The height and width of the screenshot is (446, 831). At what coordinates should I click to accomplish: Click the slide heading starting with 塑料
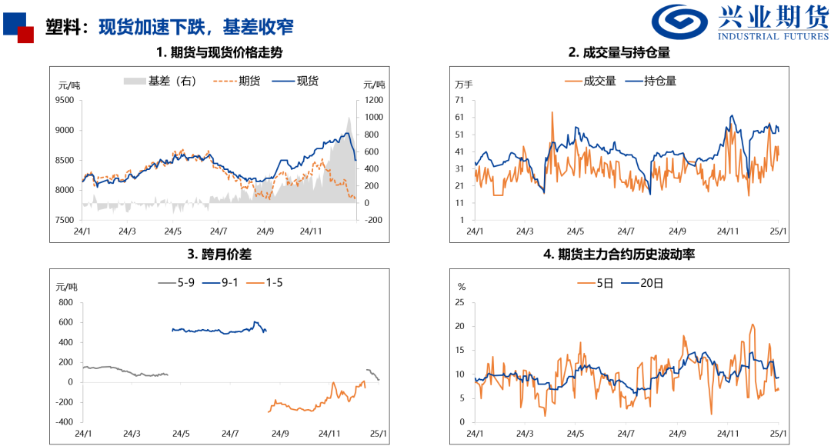point(169,27)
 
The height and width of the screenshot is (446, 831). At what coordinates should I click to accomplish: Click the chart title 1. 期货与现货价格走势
point(219,53)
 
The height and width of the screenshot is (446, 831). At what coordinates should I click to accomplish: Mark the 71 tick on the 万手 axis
point(459,100)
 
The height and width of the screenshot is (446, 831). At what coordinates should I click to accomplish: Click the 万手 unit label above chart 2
point(464,84)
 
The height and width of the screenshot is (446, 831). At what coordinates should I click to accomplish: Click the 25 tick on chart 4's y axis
point(460,302)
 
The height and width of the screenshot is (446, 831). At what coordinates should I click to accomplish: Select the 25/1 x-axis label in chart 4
point(778,434)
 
